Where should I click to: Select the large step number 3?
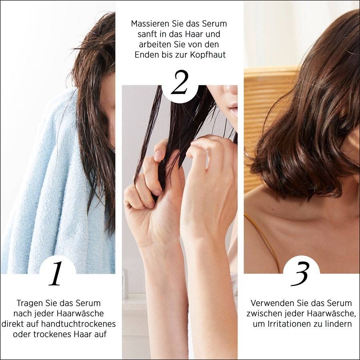click(300, 274)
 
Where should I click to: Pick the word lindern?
click(339, 324)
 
